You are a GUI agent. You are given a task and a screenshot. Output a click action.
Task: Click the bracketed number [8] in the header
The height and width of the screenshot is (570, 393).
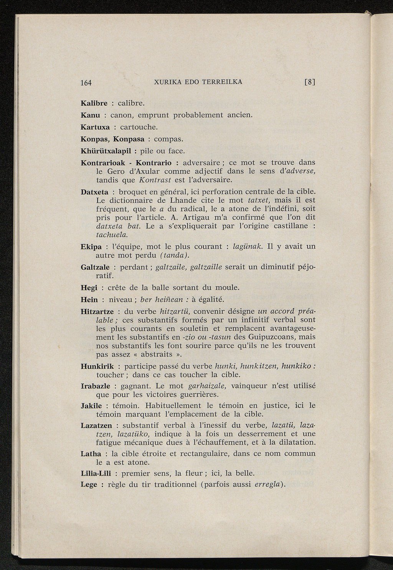point(309,82)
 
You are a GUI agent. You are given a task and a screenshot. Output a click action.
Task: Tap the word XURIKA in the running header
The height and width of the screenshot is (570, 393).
point(167,82)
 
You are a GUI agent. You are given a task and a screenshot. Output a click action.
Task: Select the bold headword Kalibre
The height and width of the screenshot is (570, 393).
point(94,103)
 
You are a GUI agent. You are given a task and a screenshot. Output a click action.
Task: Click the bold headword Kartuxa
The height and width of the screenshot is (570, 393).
point(95,127)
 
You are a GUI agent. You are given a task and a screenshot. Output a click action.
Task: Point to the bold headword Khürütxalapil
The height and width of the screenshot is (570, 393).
point(106,151)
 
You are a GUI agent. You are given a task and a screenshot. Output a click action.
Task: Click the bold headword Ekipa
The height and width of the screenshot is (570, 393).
point(91,247)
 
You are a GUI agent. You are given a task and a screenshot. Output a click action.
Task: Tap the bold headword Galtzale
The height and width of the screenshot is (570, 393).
point(95,267)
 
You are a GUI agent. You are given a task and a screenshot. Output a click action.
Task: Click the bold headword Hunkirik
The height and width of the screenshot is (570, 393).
point(97,366)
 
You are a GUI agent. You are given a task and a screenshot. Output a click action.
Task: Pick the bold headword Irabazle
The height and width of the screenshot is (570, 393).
point(96,386)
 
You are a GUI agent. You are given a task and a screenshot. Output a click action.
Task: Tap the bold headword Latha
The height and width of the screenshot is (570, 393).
point(91,454)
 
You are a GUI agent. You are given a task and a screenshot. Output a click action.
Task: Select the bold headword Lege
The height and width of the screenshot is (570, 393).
point(89,485)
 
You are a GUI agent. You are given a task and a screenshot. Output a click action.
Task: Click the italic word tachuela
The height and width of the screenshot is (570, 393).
point(111,234)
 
